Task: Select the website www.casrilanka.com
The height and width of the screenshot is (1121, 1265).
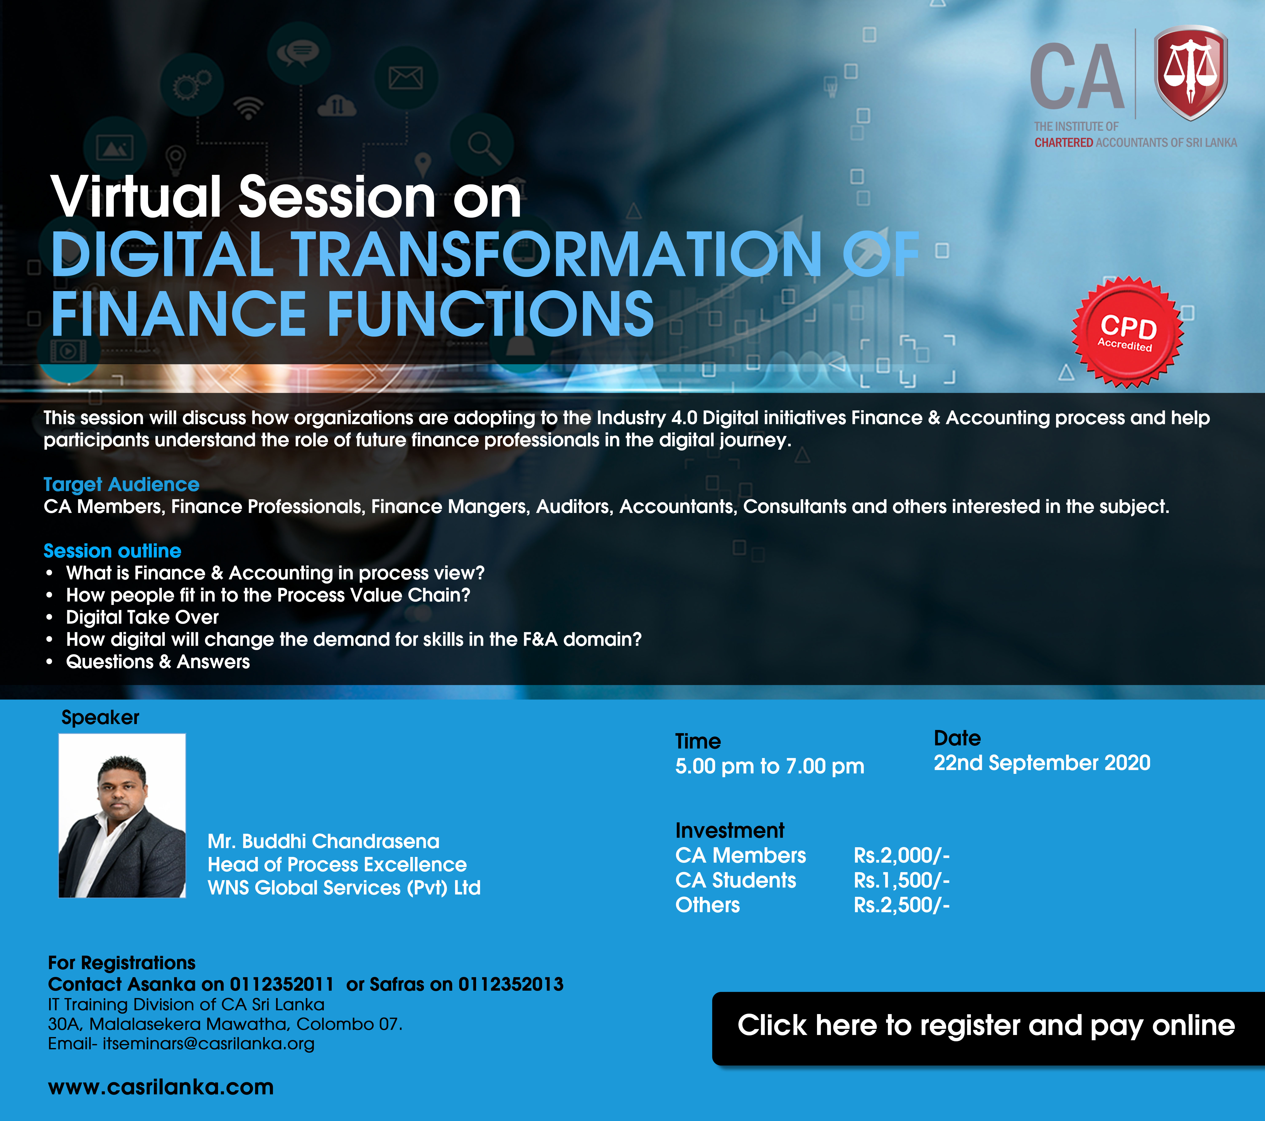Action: tap(161, 1087)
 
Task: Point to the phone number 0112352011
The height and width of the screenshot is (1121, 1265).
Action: tap(282, 984)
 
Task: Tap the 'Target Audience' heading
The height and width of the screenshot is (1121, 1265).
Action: tap(121, 484)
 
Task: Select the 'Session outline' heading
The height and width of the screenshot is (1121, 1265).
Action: tap(112, 551)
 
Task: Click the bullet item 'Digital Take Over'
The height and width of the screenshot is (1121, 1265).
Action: tap(142, 617)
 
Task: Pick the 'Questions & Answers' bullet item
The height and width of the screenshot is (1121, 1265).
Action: tap(158, 662)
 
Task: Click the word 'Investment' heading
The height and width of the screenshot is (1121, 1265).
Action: tap(730, 830)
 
